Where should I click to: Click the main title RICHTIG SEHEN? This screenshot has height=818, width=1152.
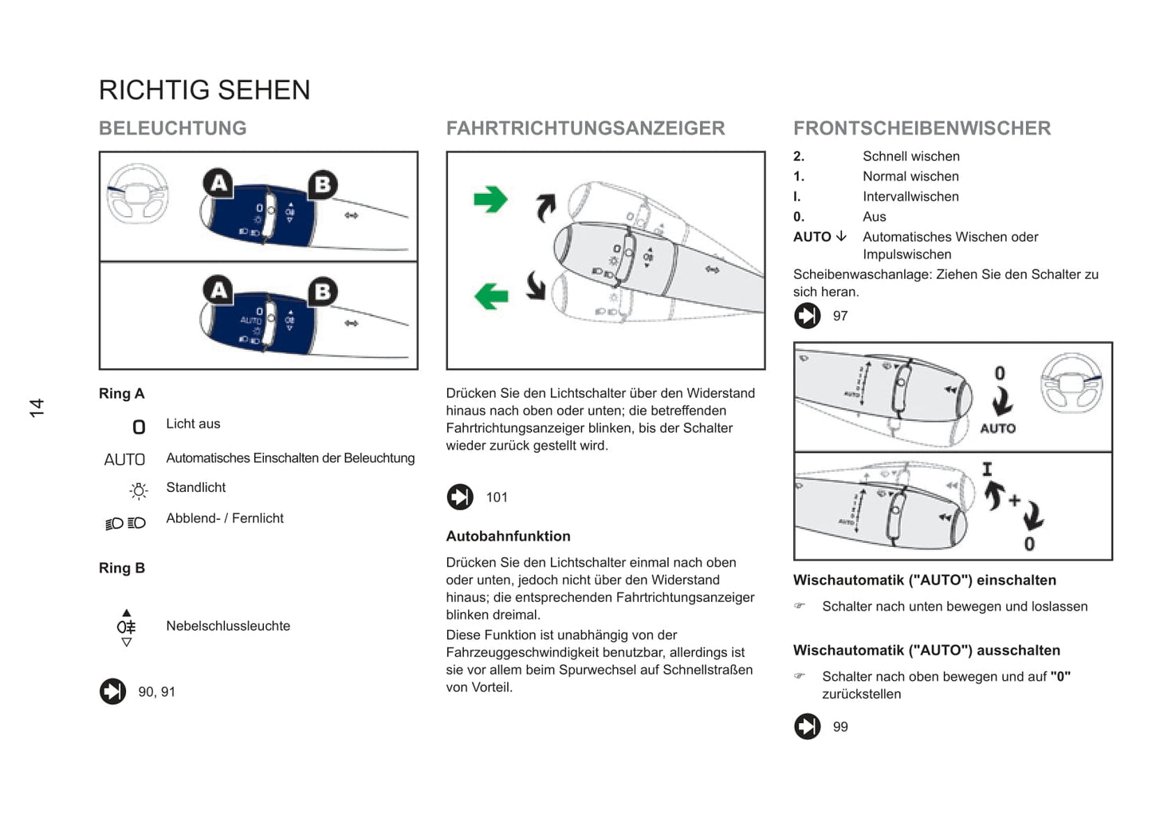point(204,90)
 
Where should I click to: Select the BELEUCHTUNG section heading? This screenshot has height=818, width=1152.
point(172,128)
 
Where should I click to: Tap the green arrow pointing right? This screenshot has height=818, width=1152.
point(490,199)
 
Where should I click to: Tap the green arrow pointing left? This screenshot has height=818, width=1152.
point(491,296)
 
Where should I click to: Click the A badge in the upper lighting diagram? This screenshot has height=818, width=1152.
point(218,183)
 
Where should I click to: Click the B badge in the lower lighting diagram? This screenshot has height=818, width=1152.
point(322,292)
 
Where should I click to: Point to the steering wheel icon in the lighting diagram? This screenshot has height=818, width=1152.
point(137,194)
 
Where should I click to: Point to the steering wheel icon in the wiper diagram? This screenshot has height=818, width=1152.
point(1071,383)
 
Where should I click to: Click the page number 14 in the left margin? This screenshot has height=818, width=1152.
point(37,408)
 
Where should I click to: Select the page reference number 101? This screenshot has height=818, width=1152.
point(497,497)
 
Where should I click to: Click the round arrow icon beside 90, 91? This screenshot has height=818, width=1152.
point(113,691)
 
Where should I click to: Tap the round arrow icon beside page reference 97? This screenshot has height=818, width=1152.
point(808,316)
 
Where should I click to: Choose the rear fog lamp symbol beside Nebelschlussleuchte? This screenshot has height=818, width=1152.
point(126,627)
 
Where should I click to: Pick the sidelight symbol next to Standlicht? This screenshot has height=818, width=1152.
point(139,490)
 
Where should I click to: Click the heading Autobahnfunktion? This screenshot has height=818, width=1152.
point(508,537)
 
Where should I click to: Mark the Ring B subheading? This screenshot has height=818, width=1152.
point(122,568)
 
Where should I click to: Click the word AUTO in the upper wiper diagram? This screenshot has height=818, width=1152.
point(997,428)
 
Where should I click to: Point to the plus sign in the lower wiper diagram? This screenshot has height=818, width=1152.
point(1014,501)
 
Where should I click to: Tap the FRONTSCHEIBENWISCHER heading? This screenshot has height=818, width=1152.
point(922,128)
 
